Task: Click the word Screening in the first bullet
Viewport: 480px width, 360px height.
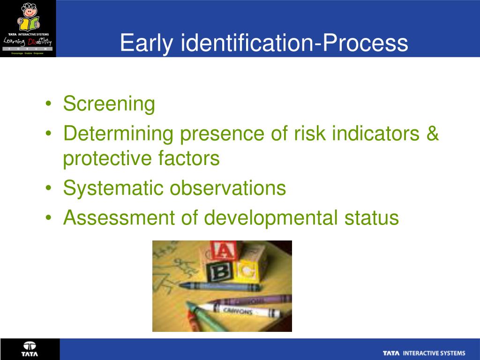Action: pos(109,104)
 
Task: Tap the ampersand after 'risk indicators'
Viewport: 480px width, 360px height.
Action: pos(433,134)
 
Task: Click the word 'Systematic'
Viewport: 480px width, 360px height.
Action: pos(113,188)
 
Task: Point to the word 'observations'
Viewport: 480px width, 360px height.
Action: pos(228,188)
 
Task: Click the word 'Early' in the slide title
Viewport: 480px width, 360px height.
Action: pos(147,43)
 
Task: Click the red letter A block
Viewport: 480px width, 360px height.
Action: pos(223,252)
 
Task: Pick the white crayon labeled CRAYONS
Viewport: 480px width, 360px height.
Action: pos(239,311)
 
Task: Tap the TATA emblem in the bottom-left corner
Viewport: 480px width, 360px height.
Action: pos(30,349)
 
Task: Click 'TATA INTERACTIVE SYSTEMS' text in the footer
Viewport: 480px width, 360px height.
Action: pos(424,353)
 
